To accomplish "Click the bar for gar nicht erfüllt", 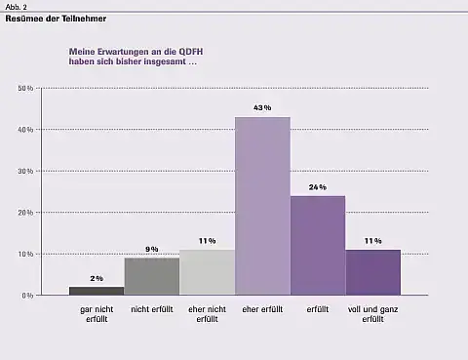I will [x=97, y=290].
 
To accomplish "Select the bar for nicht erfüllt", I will [x=151, y=276].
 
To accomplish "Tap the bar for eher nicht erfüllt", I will [x=207, y=272].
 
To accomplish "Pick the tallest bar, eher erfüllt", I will [x=262, y=206].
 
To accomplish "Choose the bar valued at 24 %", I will [x=318, y=245].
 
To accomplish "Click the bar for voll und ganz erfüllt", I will [x=372, y=272].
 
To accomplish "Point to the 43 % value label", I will [x=262, y=107].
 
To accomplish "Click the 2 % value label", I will [x=97, y=278].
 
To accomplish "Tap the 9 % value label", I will [x=151, y=249].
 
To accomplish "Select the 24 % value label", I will [x=318, y=186].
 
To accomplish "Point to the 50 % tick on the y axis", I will [x=26, y=89].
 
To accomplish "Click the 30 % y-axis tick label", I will [x=26, y=171].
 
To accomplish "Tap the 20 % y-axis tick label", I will [x=26, y=213].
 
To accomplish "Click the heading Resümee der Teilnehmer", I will [x=57, y=19].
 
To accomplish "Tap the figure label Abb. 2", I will [x=17, y=6].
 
